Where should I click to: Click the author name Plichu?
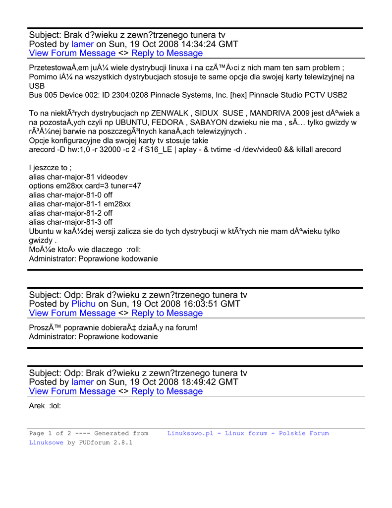[x=84, y=304]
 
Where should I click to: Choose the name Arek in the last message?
[x=37, y=406]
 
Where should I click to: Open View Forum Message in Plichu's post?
[x=72, y=313]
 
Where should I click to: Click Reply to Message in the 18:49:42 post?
[x=167, y=391]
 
